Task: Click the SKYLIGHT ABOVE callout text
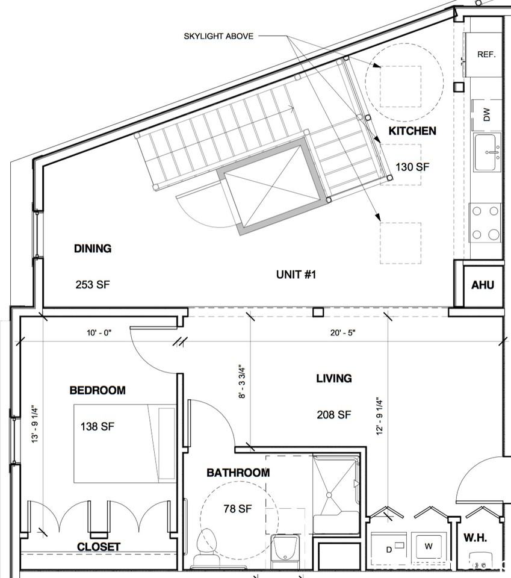click(218, 36)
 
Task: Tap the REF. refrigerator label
click(486, 54)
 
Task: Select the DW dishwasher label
click(487, 114)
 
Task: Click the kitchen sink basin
click(486, 153)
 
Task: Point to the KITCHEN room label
click(412, 131)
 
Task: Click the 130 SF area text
click(412, 167)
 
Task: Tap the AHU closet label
click(483, 285)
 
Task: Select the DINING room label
click(93, 248)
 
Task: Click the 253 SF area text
click(93, 284)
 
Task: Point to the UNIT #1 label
click(296, 275)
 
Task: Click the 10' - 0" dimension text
click(99, 332)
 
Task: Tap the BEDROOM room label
click(98, 390)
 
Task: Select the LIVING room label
click(334, 378)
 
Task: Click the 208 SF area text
click(334, 414)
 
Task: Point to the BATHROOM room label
click(238, 473)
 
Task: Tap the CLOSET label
click(99, 547)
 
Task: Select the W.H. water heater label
click(475, 537)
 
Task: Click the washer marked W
click(428, 546)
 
